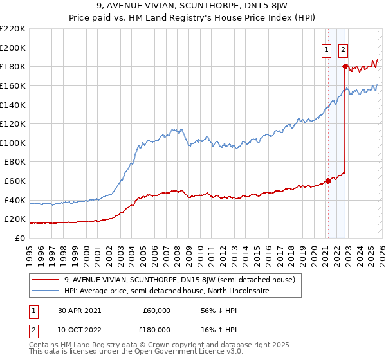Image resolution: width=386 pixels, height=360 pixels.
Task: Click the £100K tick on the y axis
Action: point(13,143)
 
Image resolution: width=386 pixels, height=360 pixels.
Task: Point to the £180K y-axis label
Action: point(13,67)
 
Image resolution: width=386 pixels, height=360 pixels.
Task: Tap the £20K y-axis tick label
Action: point(15,219)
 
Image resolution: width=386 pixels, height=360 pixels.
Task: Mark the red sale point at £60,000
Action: point(328,181)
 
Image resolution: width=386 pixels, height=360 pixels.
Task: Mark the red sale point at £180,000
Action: point(345,66)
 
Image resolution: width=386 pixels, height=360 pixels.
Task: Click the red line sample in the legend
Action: point(46,280)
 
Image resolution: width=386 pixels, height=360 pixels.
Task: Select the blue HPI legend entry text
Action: point(169,291)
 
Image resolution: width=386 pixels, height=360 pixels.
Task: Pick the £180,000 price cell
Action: point(156,329)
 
